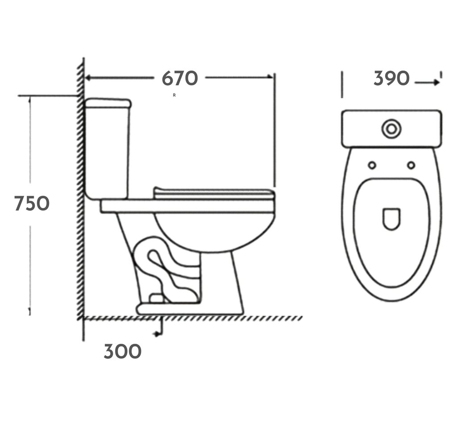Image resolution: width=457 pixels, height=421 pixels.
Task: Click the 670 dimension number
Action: point(179,79)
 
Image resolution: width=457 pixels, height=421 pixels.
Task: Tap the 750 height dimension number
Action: point(32,204)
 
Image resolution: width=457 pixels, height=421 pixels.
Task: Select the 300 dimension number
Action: point(122,352)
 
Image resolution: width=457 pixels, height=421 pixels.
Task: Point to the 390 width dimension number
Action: point(391,79)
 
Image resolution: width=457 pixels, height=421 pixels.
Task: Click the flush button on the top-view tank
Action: point(391,129)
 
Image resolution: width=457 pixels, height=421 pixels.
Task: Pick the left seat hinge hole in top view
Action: point(372,165)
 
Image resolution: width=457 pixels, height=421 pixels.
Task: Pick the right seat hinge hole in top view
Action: point(411,165)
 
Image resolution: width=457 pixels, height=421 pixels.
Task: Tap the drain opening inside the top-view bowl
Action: point(391,219)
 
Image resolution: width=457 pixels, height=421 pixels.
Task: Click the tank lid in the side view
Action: point(108,103)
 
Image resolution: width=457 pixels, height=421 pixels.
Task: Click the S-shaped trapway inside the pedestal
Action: point(165,270)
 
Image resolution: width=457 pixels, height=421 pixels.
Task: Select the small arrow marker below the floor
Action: point(156,333)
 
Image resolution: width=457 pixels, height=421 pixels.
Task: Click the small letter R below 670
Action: point(174,95)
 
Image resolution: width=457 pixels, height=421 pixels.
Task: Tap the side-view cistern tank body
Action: point(107,152)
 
